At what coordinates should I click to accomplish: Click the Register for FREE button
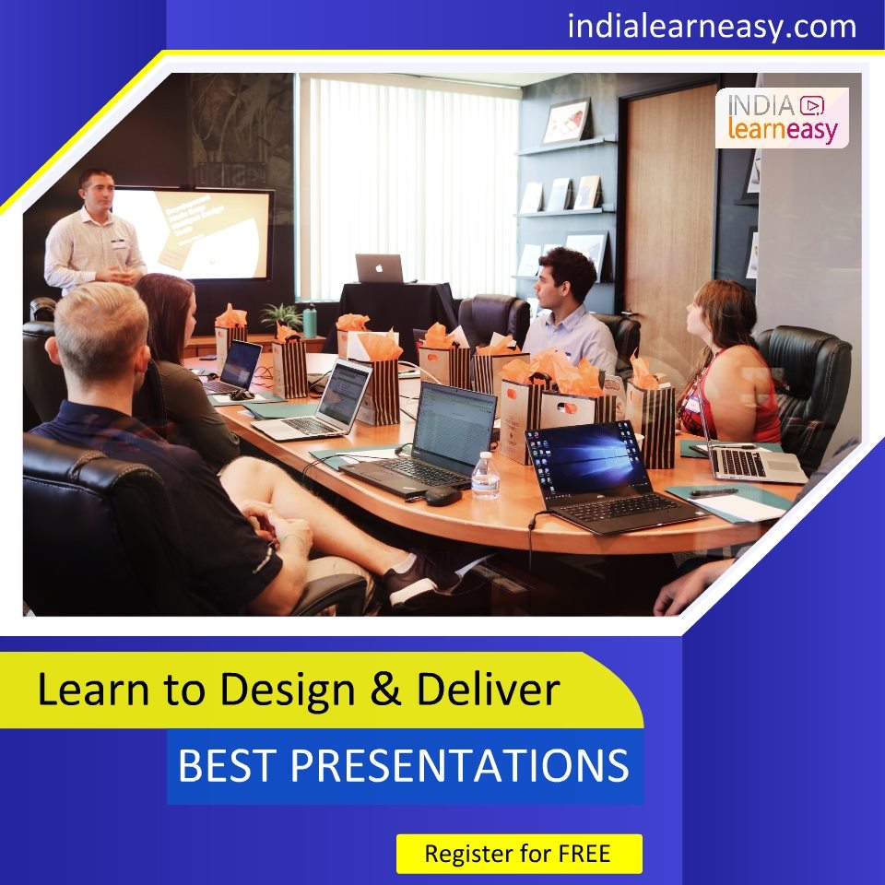coord(519,854)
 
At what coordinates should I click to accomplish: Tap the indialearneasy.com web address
coord(712,26)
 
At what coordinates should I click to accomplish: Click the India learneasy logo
coord(782,118)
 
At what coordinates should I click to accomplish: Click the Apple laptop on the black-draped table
coord(379,269)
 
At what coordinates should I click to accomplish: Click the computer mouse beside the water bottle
coord(442,495)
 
